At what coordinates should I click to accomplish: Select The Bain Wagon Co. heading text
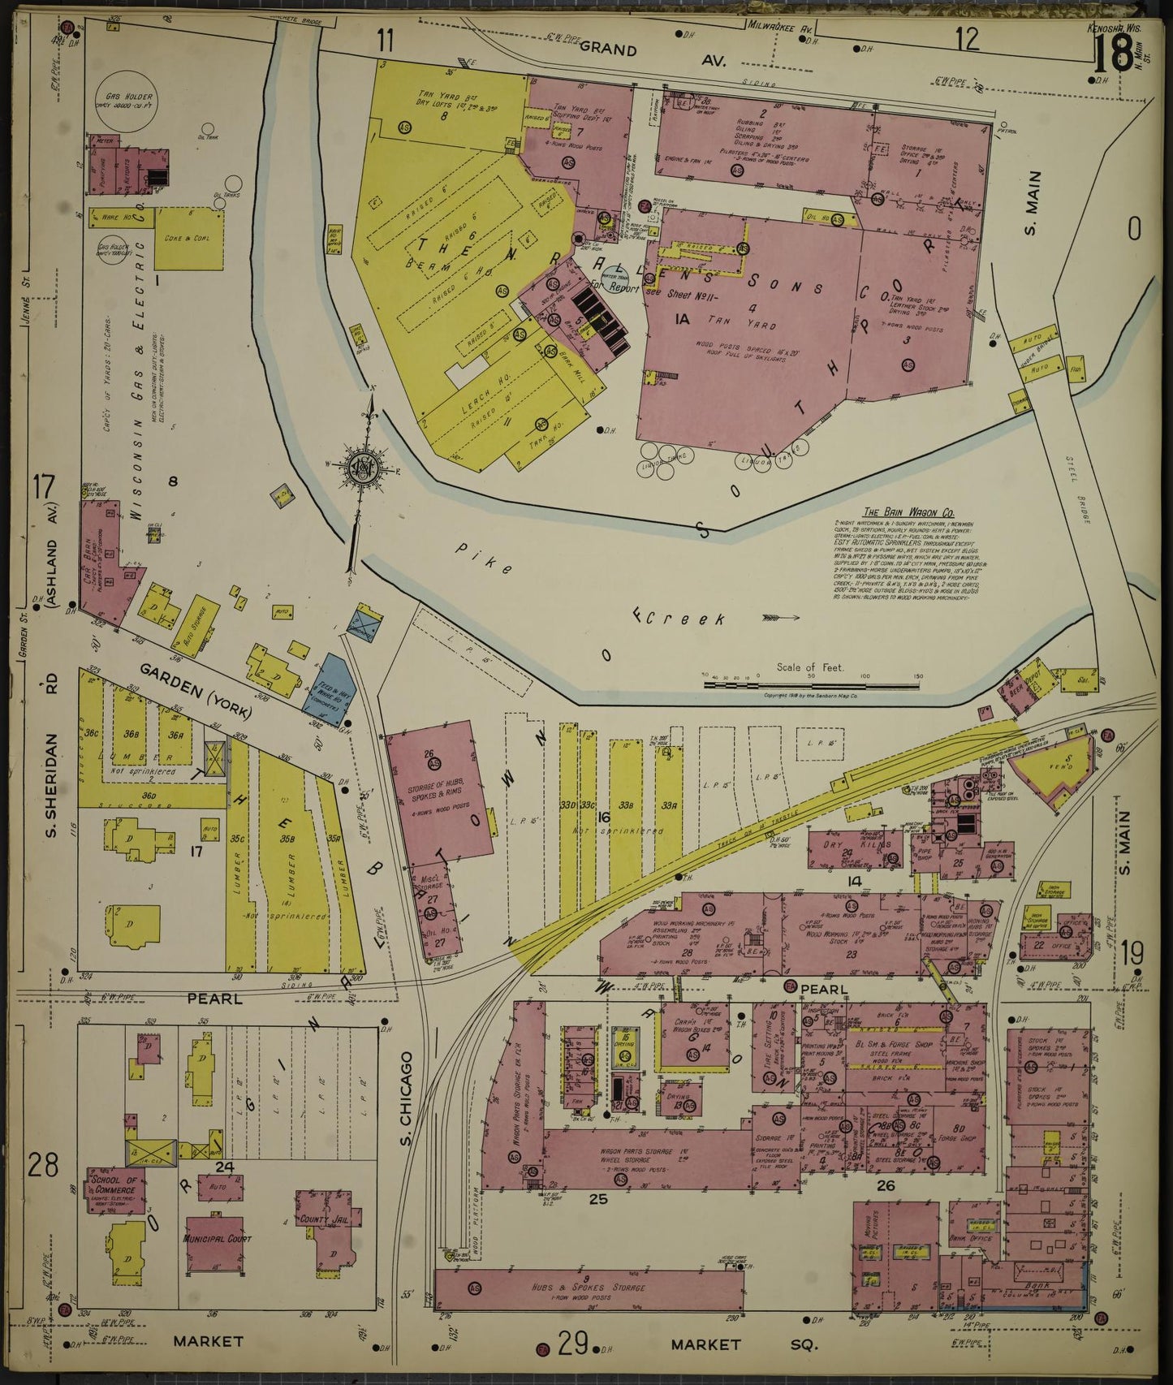(895, 511)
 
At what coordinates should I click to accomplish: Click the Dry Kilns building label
(862, 844)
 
